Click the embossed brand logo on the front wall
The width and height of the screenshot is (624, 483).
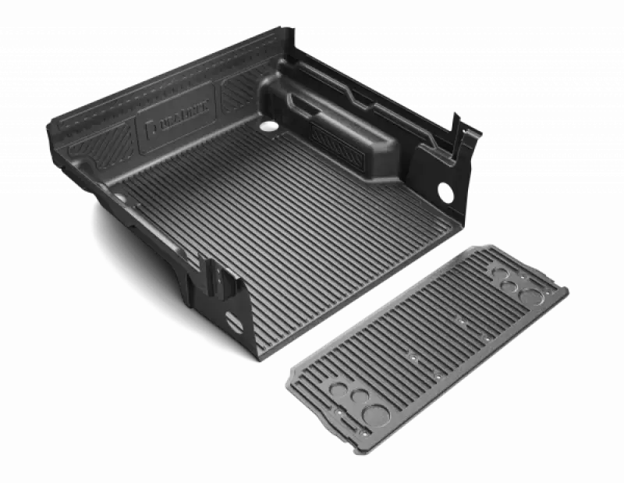point(179,123)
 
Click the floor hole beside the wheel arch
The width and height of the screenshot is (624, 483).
point(268,125)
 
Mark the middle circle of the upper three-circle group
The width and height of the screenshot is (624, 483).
point(509,286)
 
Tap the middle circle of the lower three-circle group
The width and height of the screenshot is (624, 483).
point(356,396)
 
